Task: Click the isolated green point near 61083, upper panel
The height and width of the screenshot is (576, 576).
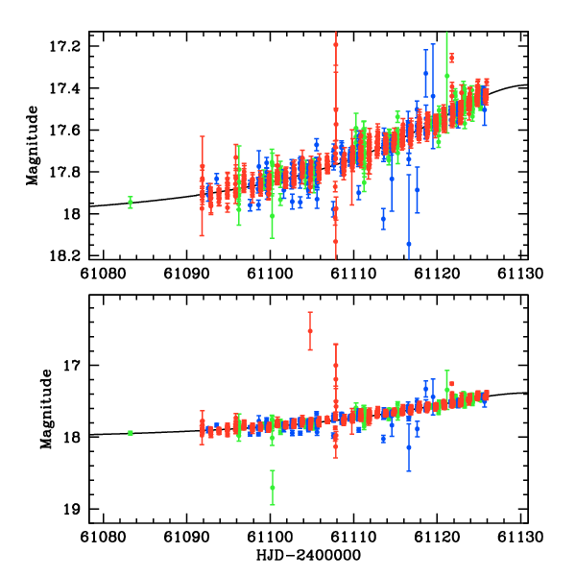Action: click(130, 202)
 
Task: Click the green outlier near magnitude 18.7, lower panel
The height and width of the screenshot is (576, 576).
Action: click(273, 487)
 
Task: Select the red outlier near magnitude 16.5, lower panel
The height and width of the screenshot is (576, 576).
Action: click(310, 331)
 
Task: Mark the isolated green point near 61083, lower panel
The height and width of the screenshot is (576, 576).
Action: click(130, 433)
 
